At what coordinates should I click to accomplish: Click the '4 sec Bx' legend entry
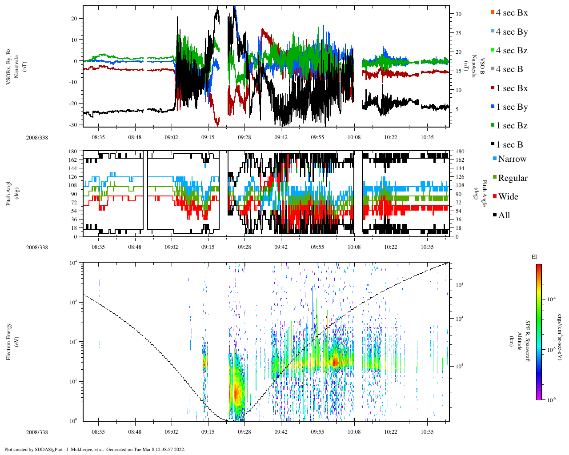pyautogui.click(x=512, y=13)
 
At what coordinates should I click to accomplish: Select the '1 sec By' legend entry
pyautogui.click(x=512, y=107)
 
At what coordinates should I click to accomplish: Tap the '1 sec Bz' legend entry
pyautogui.click(x=512, y=126)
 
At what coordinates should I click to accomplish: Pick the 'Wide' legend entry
pyautogui.click(x=508, y=197)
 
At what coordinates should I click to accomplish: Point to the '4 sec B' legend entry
pyautogui.click(x=509, y=69)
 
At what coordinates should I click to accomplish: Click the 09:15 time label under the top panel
pyautogui.click(x=208, y=138)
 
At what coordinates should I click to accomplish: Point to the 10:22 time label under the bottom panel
pyautogui.click(x=391, y=432)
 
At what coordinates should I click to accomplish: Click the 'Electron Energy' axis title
pyautogui.click(x=9, y=341)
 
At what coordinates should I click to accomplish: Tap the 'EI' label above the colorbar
pyautogui.click(x=534, y=257)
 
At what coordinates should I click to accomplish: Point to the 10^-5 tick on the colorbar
pyautogui.click(x=550, y=350)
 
